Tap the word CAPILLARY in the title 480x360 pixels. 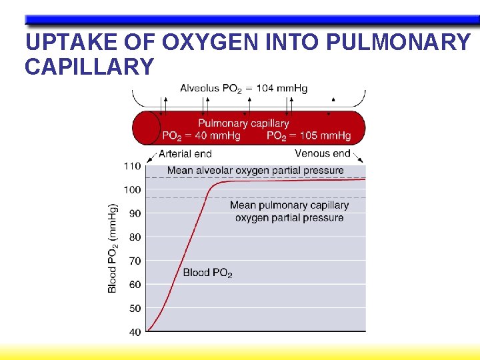89,67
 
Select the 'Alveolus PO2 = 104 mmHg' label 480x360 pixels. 243,89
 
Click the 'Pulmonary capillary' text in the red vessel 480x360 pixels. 243,123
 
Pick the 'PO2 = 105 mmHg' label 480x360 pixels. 309,136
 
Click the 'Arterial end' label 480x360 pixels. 185,154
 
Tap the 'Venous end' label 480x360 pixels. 322,153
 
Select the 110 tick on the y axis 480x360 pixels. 132,166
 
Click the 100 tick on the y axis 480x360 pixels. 132,190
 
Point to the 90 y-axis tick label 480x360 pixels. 135,213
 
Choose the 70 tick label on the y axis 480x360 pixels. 135,261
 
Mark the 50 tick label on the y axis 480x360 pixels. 135,309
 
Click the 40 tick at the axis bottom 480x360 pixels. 135,332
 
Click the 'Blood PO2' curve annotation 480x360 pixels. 207,273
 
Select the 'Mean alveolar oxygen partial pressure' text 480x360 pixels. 255,171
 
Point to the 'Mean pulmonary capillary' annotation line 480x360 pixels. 289,205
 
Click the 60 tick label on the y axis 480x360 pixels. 135,285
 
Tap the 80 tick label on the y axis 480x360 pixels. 135,237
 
